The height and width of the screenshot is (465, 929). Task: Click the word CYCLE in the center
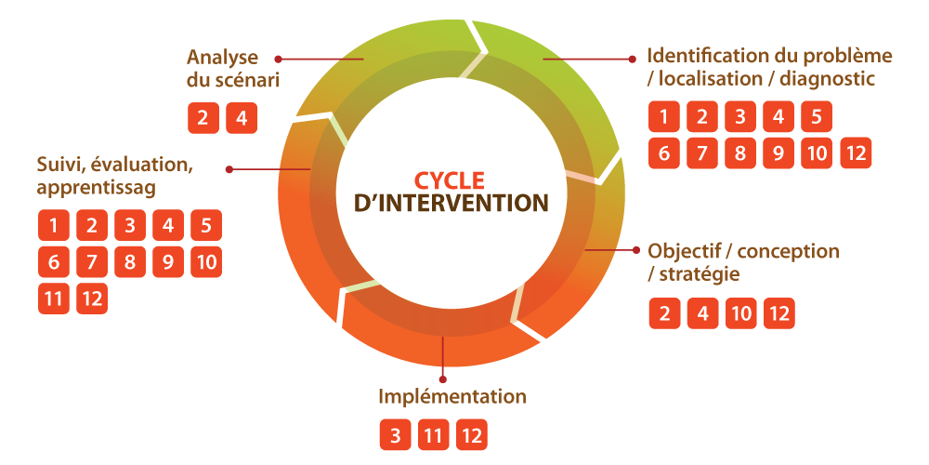pyautogui.click(x=449, y=179)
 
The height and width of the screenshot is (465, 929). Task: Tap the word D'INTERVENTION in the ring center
pyautogui.click(x=451, y=202)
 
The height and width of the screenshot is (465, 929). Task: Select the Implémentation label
pyautogui.click(x=451, y=397)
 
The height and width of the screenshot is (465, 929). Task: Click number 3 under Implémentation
pyautogui.click(x=395, y=435)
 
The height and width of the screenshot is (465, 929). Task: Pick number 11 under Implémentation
pyautogui.click(x=432, y=435)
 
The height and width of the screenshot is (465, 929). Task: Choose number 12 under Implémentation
pyautogui.click(x=471, y=435)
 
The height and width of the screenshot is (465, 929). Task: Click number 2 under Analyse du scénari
pyautogui.click(x=203, y=118)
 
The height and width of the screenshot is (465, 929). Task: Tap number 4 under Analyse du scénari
pyautogui.click(x=241, y=118)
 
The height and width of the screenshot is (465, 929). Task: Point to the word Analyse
pyautogui.click(x=222, y=58)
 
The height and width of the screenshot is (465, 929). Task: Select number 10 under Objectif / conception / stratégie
pyautogui.click(x=740, y=314)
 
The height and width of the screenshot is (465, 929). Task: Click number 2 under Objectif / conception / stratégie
pyautogui.click(x=664, y=314)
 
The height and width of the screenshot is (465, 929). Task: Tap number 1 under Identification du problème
pyautogui.click(x=664, y=117)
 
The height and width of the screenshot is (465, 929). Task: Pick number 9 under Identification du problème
pyautogui.click(x=779, y=153)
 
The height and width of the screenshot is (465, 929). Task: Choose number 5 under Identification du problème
pyautogui.click(x=816, y=117)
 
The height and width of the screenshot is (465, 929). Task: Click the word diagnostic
pyautogui.click(x=828, y=79)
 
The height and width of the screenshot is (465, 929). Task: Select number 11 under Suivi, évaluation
pyautogui.click(x=54, y=299)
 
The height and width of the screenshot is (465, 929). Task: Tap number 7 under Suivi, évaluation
pyautogui.click(x=92, y=262)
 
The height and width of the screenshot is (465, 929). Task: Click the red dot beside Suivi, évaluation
pyautogui.click(x=229, y=169)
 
